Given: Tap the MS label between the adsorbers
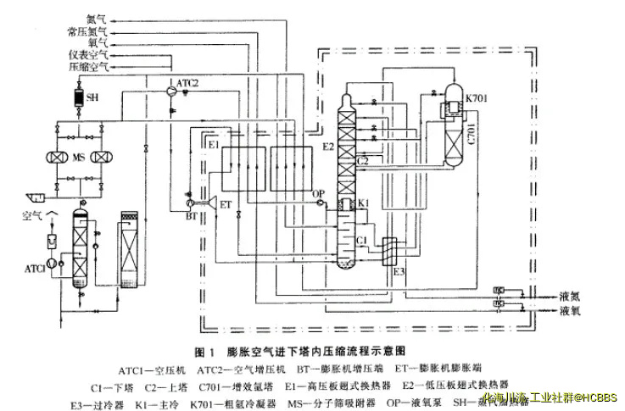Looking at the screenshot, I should [78, 158].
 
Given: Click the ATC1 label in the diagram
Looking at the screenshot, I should [35, 269].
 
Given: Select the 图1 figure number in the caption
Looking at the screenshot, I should [203, 350].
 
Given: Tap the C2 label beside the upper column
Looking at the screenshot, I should [362, 159].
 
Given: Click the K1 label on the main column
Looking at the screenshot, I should [362, 204].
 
